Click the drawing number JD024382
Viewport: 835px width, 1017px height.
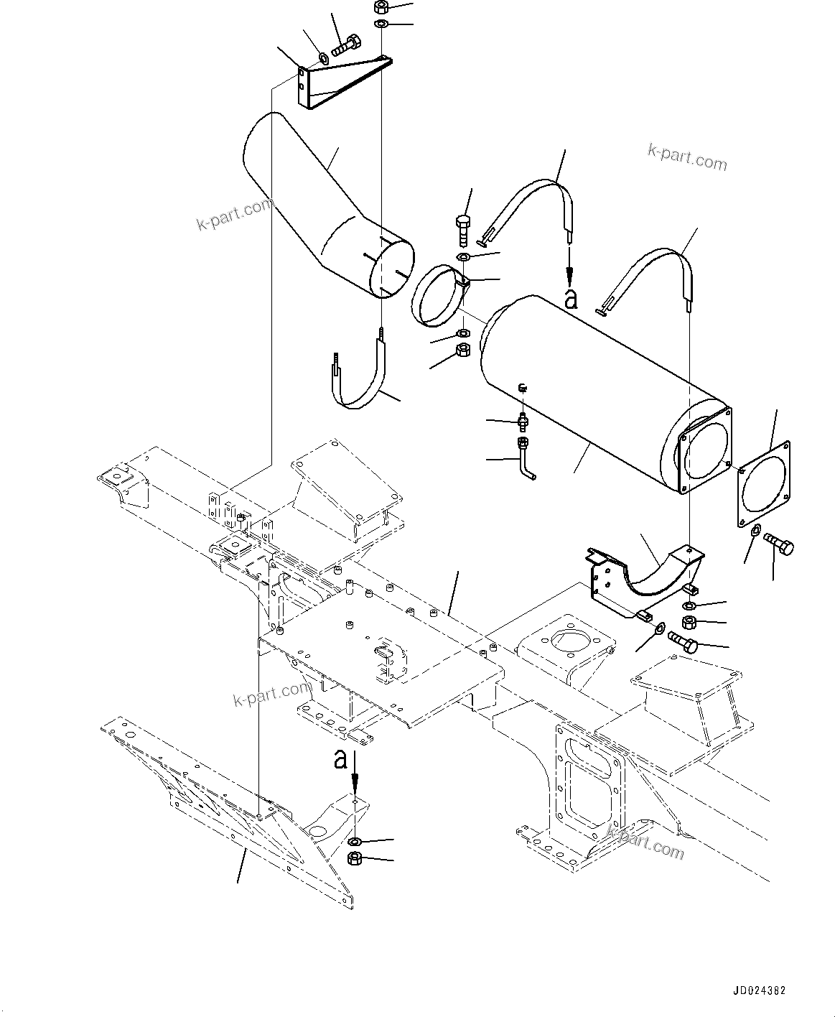(x=759, y=990)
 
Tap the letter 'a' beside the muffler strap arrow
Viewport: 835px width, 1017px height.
(x=571, y=299)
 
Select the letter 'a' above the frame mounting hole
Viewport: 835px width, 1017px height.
(x=341, y=758)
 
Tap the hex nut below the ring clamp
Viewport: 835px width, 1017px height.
(x=463, y=350)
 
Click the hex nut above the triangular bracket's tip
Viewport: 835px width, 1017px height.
(x=381, y=8)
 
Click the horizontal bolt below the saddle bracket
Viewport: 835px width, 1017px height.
(x=683, y=641)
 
